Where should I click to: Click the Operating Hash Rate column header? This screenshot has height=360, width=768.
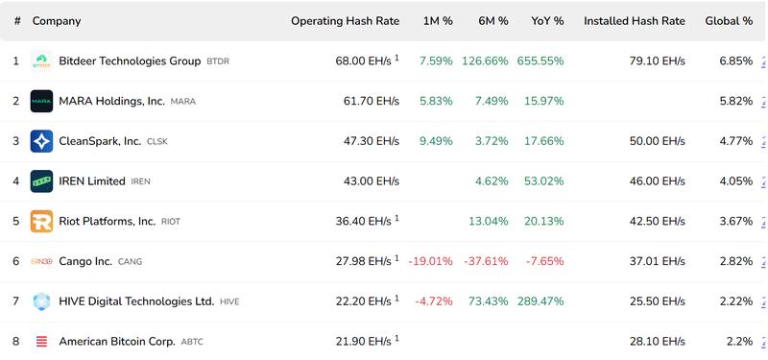point(345,21)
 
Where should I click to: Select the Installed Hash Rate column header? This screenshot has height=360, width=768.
point(634,21)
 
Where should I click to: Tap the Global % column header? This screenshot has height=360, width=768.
point(729,21)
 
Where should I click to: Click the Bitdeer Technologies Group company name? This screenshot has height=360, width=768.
point(130,61)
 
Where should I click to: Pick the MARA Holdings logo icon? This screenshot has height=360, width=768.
point(41,101)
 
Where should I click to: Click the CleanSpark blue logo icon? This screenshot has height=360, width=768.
point(41,141)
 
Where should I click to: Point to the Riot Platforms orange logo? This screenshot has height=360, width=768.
point(41,221)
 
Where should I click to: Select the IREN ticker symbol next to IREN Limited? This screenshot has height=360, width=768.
point(141,181)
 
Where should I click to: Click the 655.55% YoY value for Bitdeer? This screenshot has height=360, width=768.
point(541,61)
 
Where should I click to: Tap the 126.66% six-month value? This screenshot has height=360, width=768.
point(485,61)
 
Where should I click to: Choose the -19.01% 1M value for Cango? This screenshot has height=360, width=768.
point(430,261)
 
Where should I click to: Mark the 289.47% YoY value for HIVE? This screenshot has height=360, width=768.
point(541,301)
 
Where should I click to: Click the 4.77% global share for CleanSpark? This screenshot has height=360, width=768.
point(736,141)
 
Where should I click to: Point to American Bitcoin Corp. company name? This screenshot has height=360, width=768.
point(116,341)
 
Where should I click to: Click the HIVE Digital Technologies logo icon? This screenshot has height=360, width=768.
point(41,301)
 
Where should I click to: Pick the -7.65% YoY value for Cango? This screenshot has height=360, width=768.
point(544,261)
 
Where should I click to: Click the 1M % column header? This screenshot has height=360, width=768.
point(438,21)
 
